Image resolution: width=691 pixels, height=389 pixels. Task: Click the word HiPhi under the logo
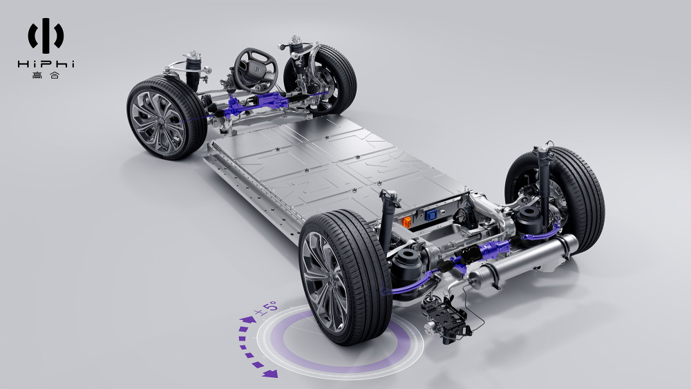coord(46,64)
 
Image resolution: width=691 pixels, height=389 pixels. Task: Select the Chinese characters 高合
coord(46,75)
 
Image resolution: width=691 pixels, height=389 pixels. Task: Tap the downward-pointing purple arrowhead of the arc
coord(269,374)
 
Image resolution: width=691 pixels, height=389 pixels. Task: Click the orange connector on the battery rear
coord(407,222)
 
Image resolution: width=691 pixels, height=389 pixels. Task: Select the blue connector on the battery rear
coord(430,215)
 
